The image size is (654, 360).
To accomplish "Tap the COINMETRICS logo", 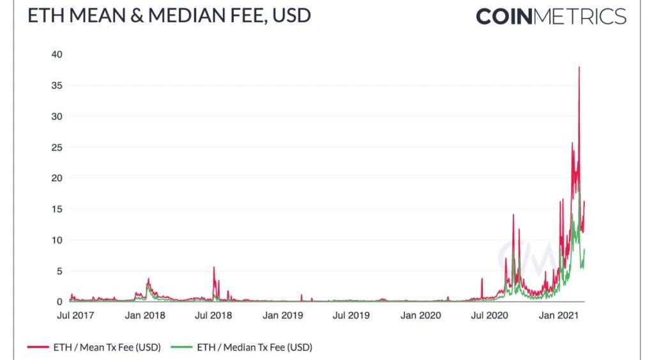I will click(x=551, y=17).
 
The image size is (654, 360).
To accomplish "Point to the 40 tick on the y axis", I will click(x=57, y=54).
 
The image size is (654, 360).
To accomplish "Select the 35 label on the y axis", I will click(x=57, y=86).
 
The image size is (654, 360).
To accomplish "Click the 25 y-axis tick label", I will click(x=57, y=147).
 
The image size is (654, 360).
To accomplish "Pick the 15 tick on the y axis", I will click(x=57, y=209).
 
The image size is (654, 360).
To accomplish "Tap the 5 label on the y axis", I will click(x=59, y=271).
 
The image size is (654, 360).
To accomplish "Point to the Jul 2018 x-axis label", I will click(x=213, y=315).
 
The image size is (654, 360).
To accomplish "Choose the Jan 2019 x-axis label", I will click(x=282, y=315).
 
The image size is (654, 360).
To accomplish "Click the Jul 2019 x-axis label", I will click(x=350, y=315).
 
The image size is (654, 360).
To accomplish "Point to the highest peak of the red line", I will click(x=579, y=67).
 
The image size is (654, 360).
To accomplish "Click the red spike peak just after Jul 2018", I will click(x=214, y=267).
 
